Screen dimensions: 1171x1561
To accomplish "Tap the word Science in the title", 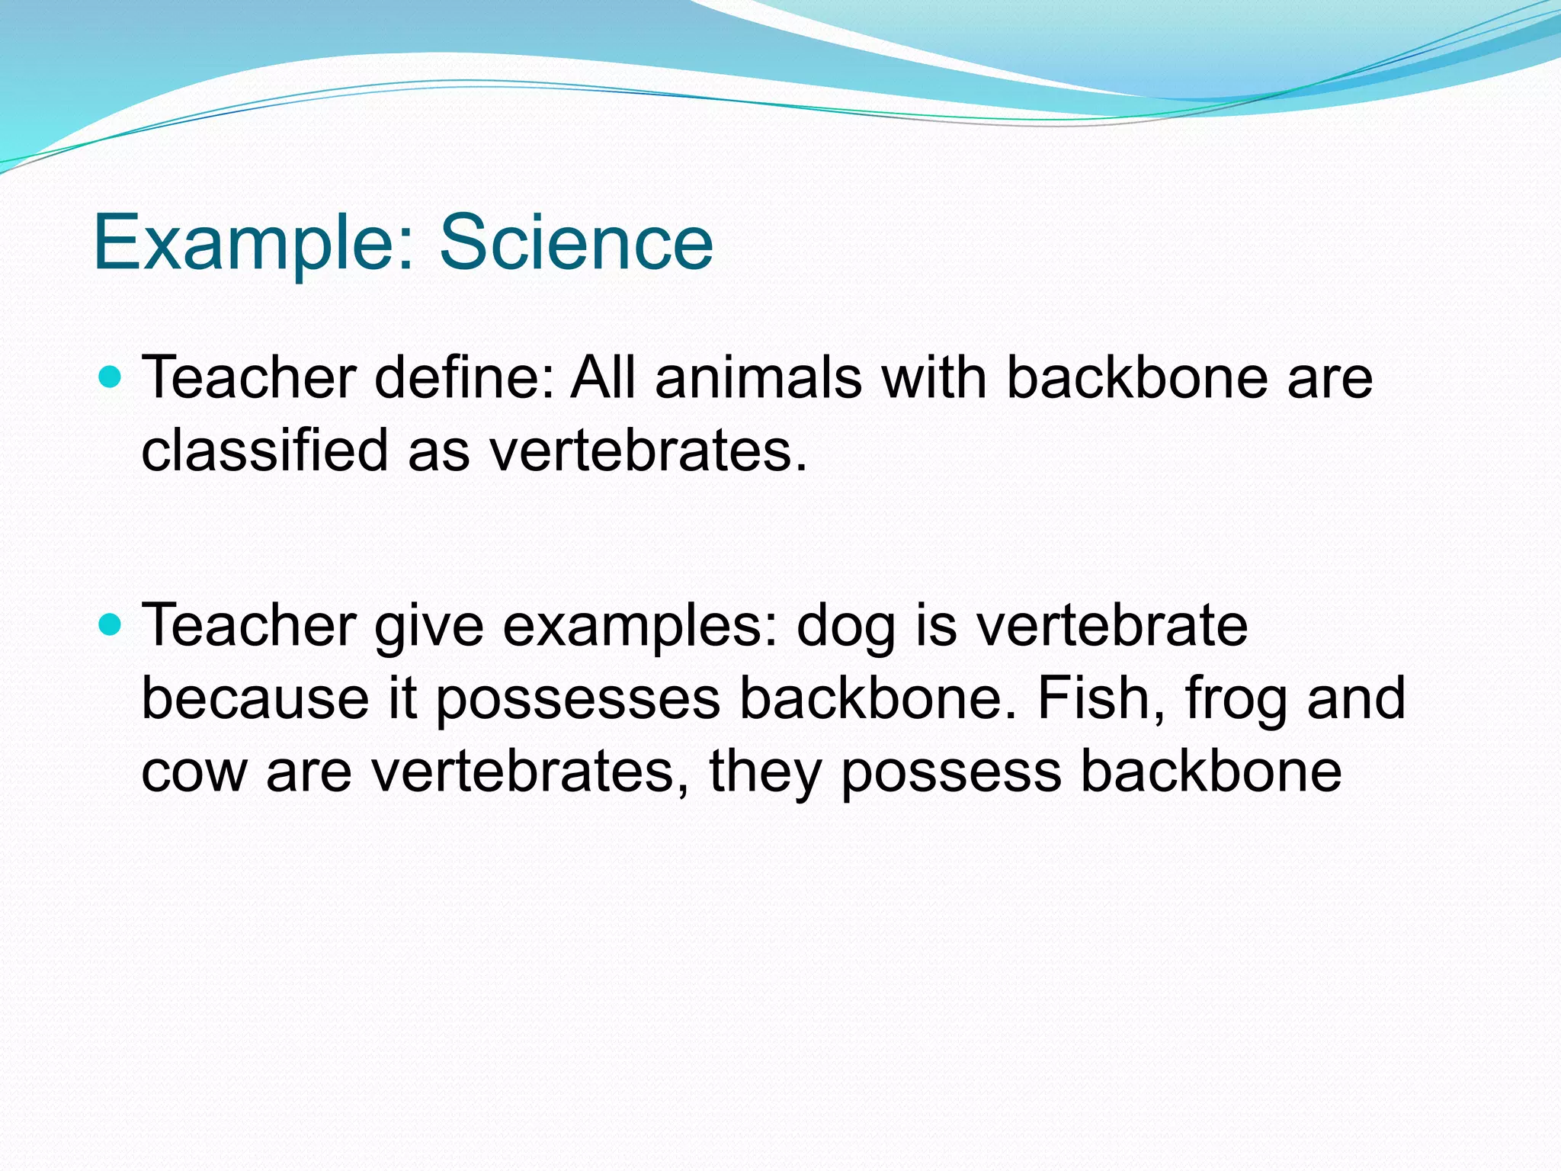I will coord(576,242).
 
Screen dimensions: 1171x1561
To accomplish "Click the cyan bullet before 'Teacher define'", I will coord(111,377).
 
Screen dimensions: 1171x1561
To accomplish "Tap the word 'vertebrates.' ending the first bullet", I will coord(648,450).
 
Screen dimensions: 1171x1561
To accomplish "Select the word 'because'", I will coord(255,698).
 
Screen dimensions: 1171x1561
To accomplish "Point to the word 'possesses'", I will coord(578,698).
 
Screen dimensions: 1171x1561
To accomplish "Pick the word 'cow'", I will coord(194,772).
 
